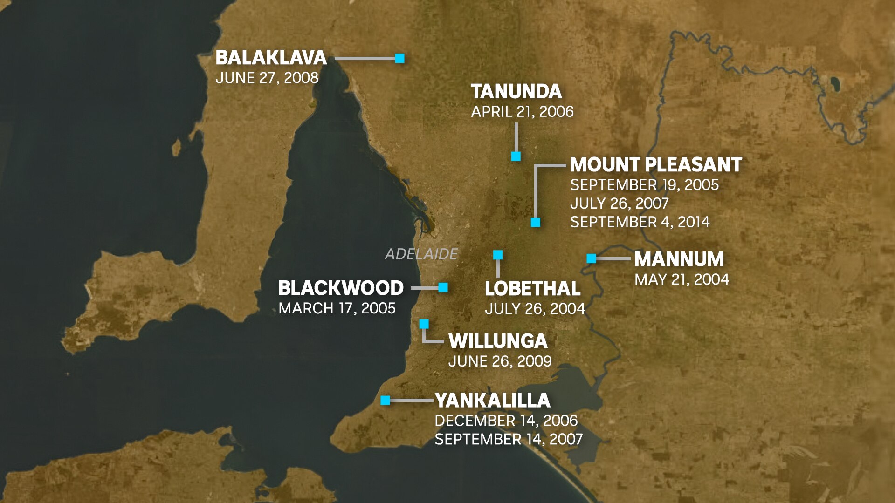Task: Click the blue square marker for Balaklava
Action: coord(399,58)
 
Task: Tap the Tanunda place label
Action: coord(516,92)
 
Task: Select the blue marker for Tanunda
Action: coord(516,156)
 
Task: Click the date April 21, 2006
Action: coord(522,112)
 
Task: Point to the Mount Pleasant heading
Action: coord(655,165)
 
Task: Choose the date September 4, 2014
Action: coord(640,222)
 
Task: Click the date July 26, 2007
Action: coord(619,204)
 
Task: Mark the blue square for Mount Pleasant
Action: coord(536,223)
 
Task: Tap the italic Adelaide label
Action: coord(421,254)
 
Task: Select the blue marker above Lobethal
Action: coord(498,255)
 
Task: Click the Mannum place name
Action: coord(679,259)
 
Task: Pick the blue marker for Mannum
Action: coord(591,258)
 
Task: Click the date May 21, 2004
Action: coord(682,279)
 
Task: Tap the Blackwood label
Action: coord(341,288)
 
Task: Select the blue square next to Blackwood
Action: coord(443,287)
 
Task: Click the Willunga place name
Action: coord(497,341)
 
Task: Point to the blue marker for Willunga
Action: coord(424,324)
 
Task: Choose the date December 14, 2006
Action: coord(506,421)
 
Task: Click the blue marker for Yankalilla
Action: coord(385,401)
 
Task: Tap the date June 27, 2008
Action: coord(267,78)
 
